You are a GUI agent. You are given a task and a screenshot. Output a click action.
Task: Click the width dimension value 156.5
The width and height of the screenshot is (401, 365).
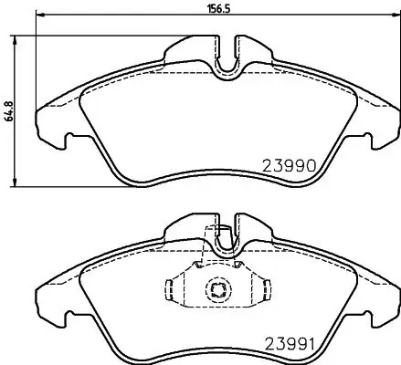click(216, 10)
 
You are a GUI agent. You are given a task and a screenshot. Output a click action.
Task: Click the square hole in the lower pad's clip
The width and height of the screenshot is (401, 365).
click(218, 291)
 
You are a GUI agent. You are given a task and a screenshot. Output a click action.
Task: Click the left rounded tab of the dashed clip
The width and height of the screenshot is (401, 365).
click(168, 291)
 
